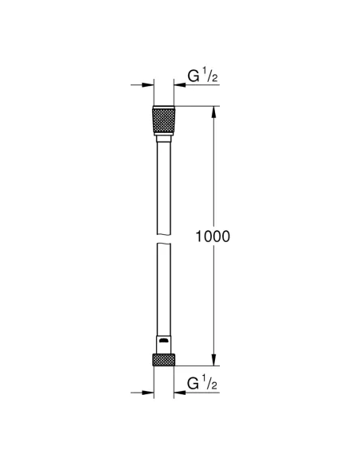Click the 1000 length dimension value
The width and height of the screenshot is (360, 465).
pos(213,236)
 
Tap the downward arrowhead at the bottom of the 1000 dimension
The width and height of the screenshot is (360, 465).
pos(213,358)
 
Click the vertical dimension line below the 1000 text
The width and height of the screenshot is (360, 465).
pos(213,303)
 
